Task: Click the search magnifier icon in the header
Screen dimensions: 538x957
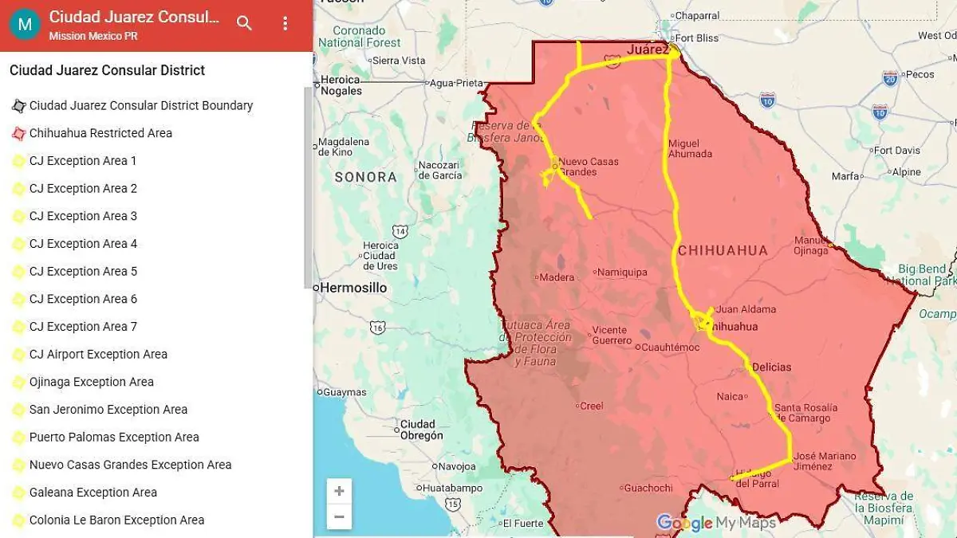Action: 245,24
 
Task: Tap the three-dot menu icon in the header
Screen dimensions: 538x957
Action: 286,24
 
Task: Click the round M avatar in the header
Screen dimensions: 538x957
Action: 25,24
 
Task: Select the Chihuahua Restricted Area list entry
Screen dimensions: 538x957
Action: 100,133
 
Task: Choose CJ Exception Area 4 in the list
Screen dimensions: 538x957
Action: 83,244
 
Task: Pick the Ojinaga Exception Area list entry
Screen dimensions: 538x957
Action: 91,382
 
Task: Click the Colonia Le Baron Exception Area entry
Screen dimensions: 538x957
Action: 116,520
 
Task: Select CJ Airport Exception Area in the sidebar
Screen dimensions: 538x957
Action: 98,355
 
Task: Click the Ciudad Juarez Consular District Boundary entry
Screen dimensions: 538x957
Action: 140,105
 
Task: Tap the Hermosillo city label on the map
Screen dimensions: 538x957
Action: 353,288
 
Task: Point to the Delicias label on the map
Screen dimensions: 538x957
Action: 772,367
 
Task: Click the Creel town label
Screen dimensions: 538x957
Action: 591,406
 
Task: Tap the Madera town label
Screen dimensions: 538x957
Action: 556,278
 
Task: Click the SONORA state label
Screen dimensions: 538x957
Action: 365,177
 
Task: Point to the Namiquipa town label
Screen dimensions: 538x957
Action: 621,272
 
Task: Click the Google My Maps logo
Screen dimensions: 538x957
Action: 715,523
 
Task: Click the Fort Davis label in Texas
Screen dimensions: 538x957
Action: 896,150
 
